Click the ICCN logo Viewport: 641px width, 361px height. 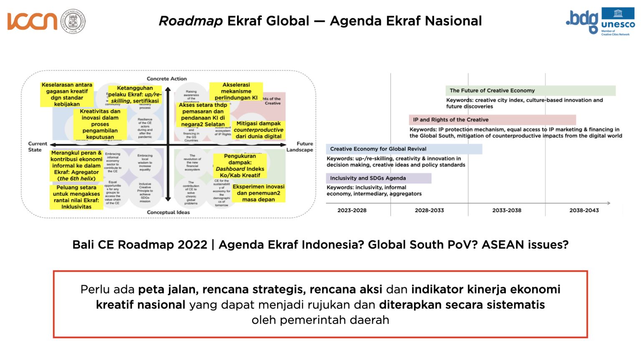click(32, 21)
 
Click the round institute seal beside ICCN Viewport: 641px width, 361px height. click(73, 21)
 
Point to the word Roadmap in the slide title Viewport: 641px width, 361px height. click(190, 21)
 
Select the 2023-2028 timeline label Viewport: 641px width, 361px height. click(352, 210)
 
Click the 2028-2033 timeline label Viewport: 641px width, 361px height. click(429, 210)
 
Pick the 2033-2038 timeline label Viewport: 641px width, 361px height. click(507, 210)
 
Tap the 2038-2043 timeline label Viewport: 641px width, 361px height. click(584, 210)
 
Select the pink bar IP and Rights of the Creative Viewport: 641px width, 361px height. click(492, 119)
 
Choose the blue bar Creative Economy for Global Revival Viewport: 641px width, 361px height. click(404, 149)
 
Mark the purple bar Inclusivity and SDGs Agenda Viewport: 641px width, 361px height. click(379, 178)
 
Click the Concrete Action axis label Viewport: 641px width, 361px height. click(167, 79)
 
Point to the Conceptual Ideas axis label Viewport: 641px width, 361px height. click(168, 212)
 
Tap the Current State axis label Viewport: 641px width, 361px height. click(37, 147)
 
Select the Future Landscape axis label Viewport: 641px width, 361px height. click(300, 147)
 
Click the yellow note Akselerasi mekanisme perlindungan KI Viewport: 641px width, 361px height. click(236, 91)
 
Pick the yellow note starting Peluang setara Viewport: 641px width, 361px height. click(76, 197)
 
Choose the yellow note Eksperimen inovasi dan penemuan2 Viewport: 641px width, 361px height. click(259, 193)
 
